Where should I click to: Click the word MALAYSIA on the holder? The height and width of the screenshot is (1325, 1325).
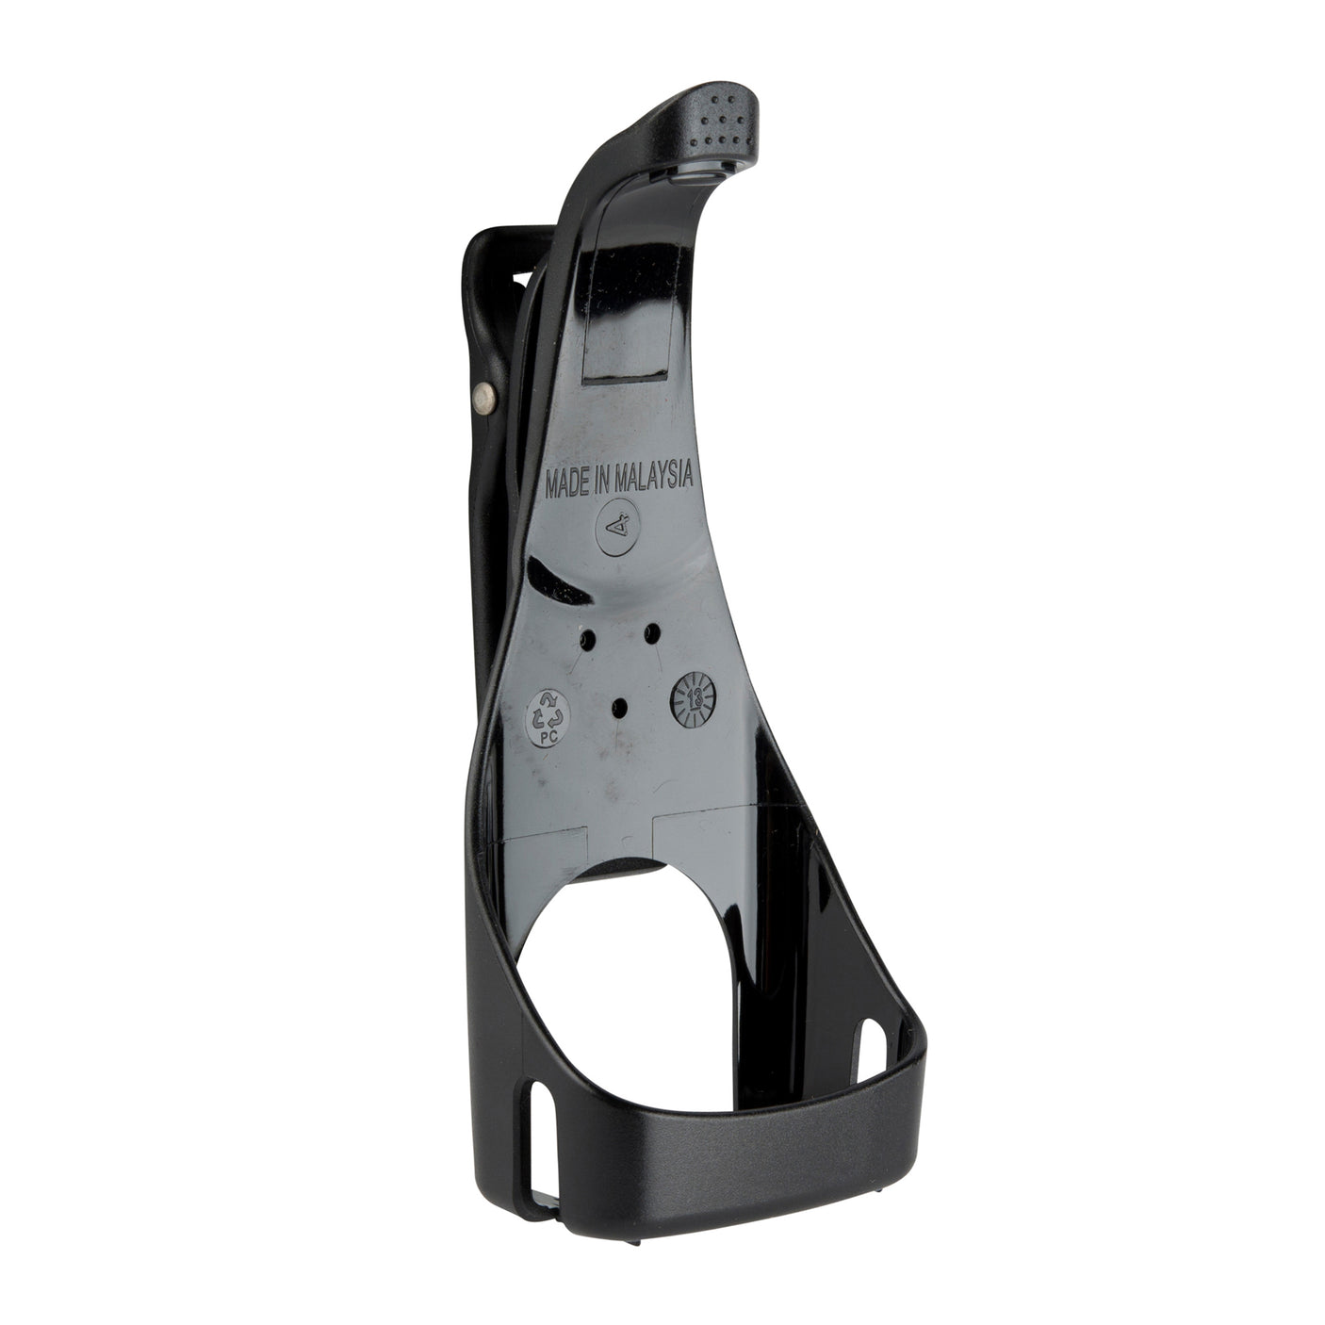654,478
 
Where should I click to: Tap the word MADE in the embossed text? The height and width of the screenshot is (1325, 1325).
570,485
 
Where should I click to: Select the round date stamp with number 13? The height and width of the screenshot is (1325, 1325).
694,698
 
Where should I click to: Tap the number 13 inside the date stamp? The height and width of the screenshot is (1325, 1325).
694,698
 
